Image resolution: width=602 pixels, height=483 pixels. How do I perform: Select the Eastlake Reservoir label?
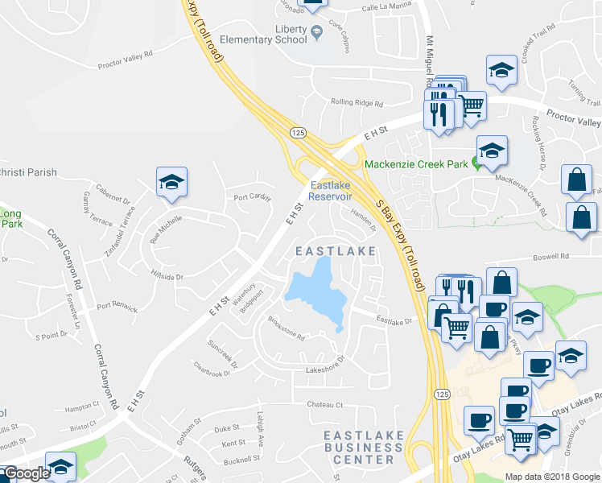tap(332, 191)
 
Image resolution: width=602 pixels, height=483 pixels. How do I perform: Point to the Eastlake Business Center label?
tap(359, 447)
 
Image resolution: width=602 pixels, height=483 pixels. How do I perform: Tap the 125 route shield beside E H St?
tap(299, 132)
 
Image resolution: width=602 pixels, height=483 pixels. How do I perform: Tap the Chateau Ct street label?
tap(325, 404)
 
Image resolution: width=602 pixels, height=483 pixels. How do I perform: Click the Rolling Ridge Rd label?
tap(357, 102)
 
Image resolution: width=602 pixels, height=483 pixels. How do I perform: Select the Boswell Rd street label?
tap(553, 257)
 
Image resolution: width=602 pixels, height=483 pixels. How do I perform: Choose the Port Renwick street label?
tap(117, 308)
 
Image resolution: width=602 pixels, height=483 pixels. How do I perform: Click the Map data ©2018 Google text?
tap(551, 476)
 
